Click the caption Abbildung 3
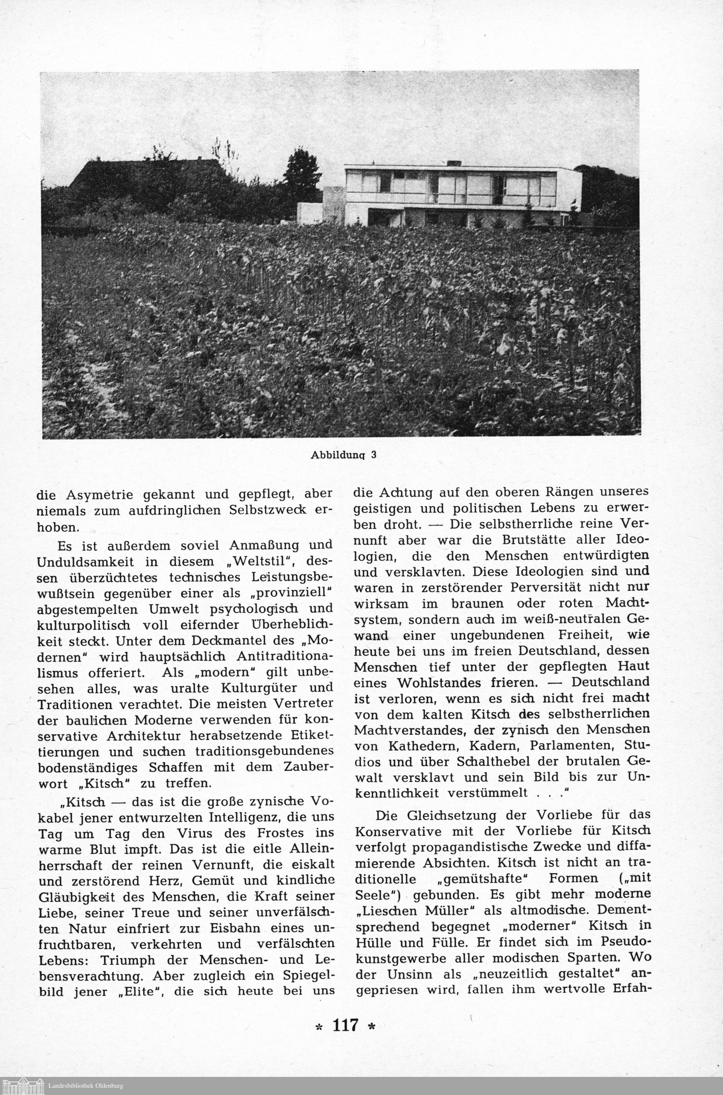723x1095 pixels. pyautogui.click(x=343, y=455)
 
